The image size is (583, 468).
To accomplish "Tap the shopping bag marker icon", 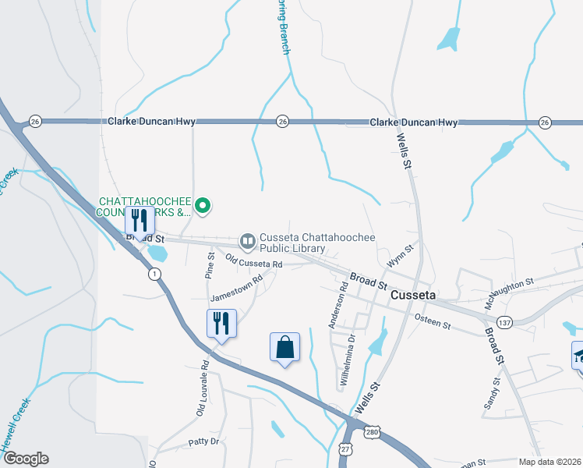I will pos(284,347).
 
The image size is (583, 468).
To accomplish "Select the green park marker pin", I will pos(203,206).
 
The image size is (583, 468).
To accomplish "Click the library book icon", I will pos(248,241).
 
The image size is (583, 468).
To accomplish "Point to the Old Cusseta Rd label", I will pos(253,261).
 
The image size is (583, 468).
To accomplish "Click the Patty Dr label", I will pos(204,441).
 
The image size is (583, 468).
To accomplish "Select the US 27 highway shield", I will pos(345,450).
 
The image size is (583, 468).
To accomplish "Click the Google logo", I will pos(25,459).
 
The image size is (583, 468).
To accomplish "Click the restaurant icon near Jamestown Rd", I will pos(221,324).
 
